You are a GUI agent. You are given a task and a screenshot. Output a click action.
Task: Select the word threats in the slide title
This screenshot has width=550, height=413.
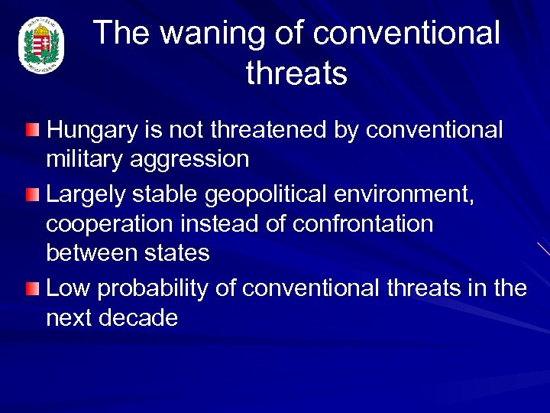tap(296, 74)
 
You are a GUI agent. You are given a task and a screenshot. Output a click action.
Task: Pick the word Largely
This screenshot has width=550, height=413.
tap(86, 196)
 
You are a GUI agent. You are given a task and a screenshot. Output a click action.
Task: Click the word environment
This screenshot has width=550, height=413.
tap(404, 196)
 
